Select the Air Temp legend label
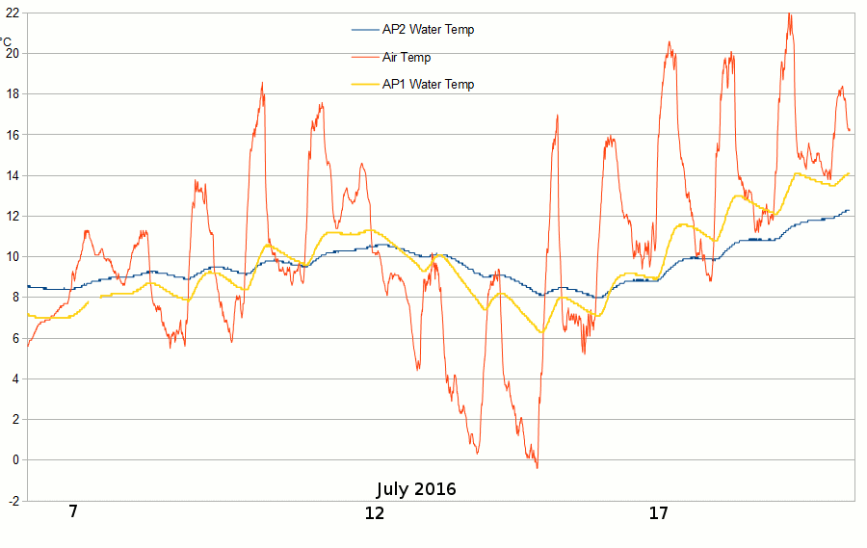pyautogui.click(x=407, y=58)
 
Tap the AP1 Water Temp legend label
pyautogui.click(x=428, y=85)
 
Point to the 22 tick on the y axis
pyautogui.click(x=12, y=13)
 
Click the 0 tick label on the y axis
pyautogui.click(x=14, y=460)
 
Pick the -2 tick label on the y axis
pyautogui.click(x=12, y=501)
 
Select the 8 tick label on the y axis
pyautogui.click(x=14, y=298)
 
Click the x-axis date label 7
pyautogui.click(x=73, y=512)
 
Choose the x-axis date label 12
pyautogui.click(x=375, y=513)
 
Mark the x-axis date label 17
pyautogui.click(x=659, y=513)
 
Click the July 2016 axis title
pyautogui.click(x=416, y=488)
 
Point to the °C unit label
pyautogui.click(x=6, y=42)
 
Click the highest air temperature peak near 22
pyautogui.click(x=790, y=14)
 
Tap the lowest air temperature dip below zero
pyautogui.click(x=537, y=467)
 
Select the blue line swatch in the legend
pyautogui.click(x=365, y=30)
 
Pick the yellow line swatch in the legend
pyautogui.click(x=365, y=85)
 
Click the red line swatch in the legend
pyautogui.click(x=365, y=58)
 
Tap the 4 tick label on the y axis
pyautogui.click(x=14, y=378)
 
